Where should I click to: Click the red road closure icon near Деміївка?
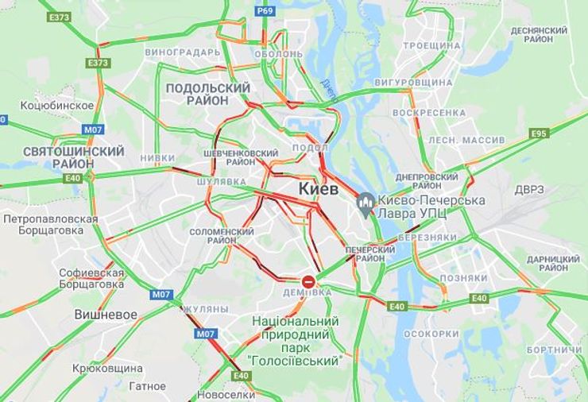308,280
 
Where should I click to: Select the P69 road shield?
265,10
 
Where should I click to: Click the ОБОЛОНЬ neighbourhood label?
278,54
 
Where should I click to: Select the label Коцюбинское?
56,105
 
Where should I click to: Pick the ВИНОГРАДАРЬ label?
183,52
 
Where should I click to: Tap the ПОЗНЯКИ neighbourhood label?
463,278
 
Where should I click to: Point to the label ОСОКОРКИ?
431,334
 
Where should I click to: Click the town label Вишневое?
106,314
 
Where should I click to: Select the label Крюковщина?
107,369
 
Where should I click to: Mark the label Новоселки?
227,394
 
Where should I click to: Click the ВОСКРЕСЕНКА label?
429,113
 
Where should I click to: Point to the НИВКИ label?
157,158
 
